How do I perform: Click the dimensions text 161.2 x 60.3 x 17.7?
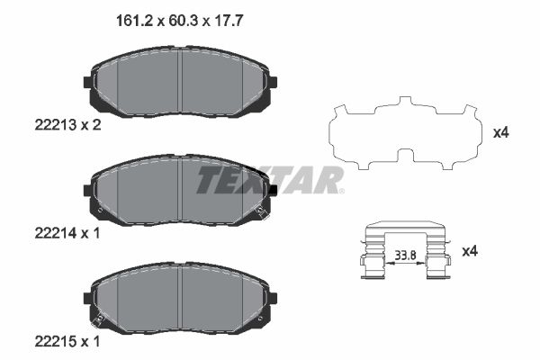pos(179,21)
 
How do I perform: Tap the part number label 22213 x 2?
pos(67,125)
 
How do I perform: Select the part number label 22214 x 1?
pos(67,233)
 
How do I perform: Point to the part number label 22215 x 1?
pos(67,342)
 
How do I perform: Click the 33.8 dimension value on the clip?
pos(405,256)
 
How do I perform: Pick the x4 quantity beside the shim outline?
pos(500,132)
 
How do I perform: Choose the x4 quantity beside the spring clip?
pos(470,251)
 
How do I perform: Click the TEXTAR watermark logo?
pos(270,180)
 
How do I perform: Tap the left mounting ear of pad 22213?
pos(88,82)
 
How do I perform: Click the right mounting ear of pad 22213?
pos(273,82)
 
